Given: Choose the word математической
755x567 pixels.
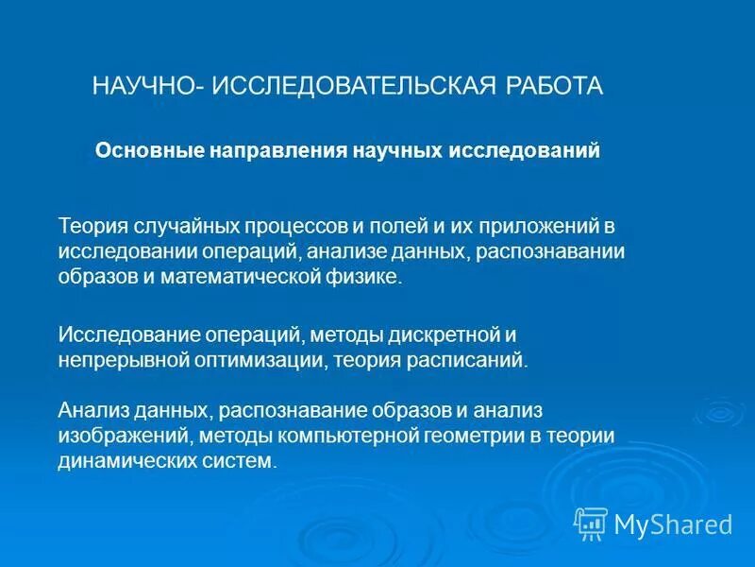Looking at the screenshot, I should (x=226, y=278).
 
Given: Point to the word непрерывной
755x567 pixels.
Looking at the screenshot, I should (x=120, y=360).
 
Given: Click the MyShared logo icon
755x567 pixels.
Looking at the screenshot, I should (x=591, y=523).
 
